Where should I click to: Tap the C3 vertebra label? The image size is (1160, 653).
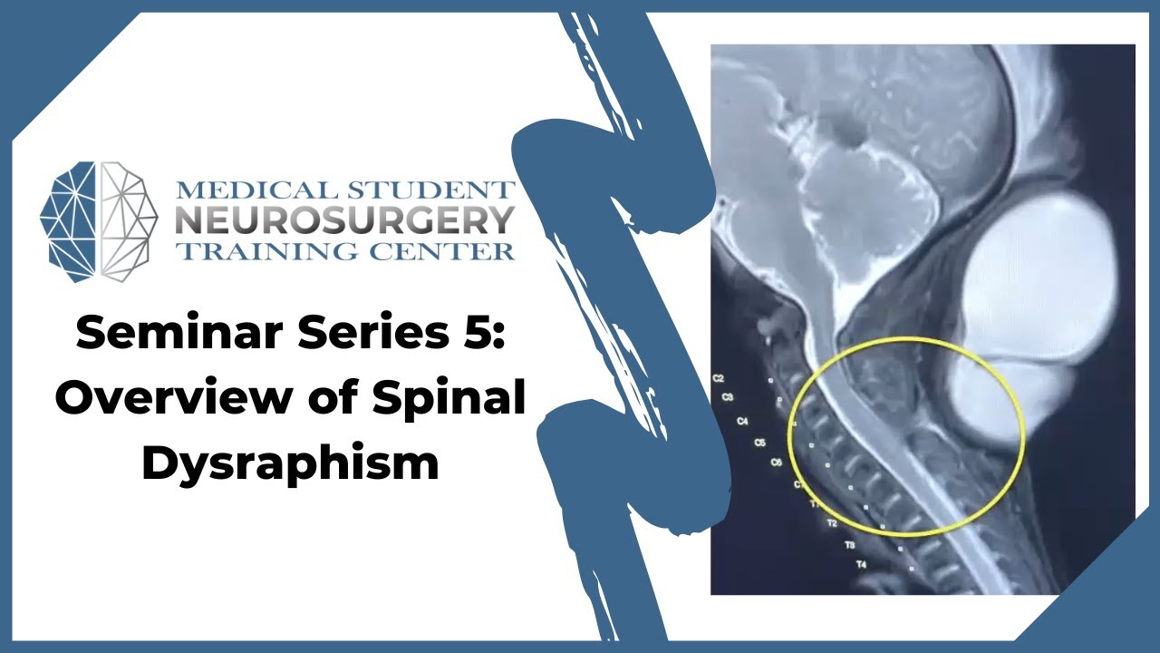[728, 397]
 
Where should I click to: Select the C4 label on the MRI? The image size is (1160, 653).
[743, 421]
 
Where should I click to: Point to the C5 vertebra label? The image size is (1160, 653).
[760, 443]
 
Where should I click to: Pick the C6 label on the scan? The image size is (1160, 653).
[776, 463]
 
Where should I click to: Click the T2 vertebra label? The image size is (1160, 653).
[833, 523]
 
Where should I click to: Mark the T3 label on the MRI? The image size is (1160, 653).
[850, 545]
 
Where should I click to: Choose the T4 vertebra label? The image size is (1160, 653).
[861, 565]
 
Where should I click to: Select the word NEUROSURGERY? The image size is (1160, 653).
[345, 220]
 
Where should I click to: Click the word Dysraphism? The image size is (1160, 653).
[290, 463]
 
